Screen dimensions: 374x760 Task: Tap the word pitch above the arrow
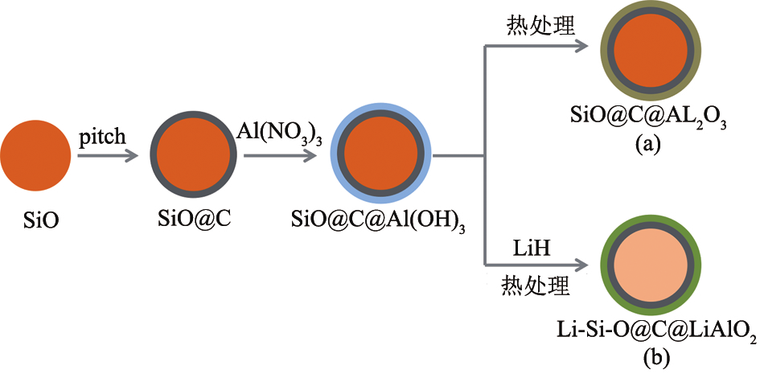103,137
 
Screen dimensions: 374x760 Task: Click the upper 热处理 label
540,27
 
